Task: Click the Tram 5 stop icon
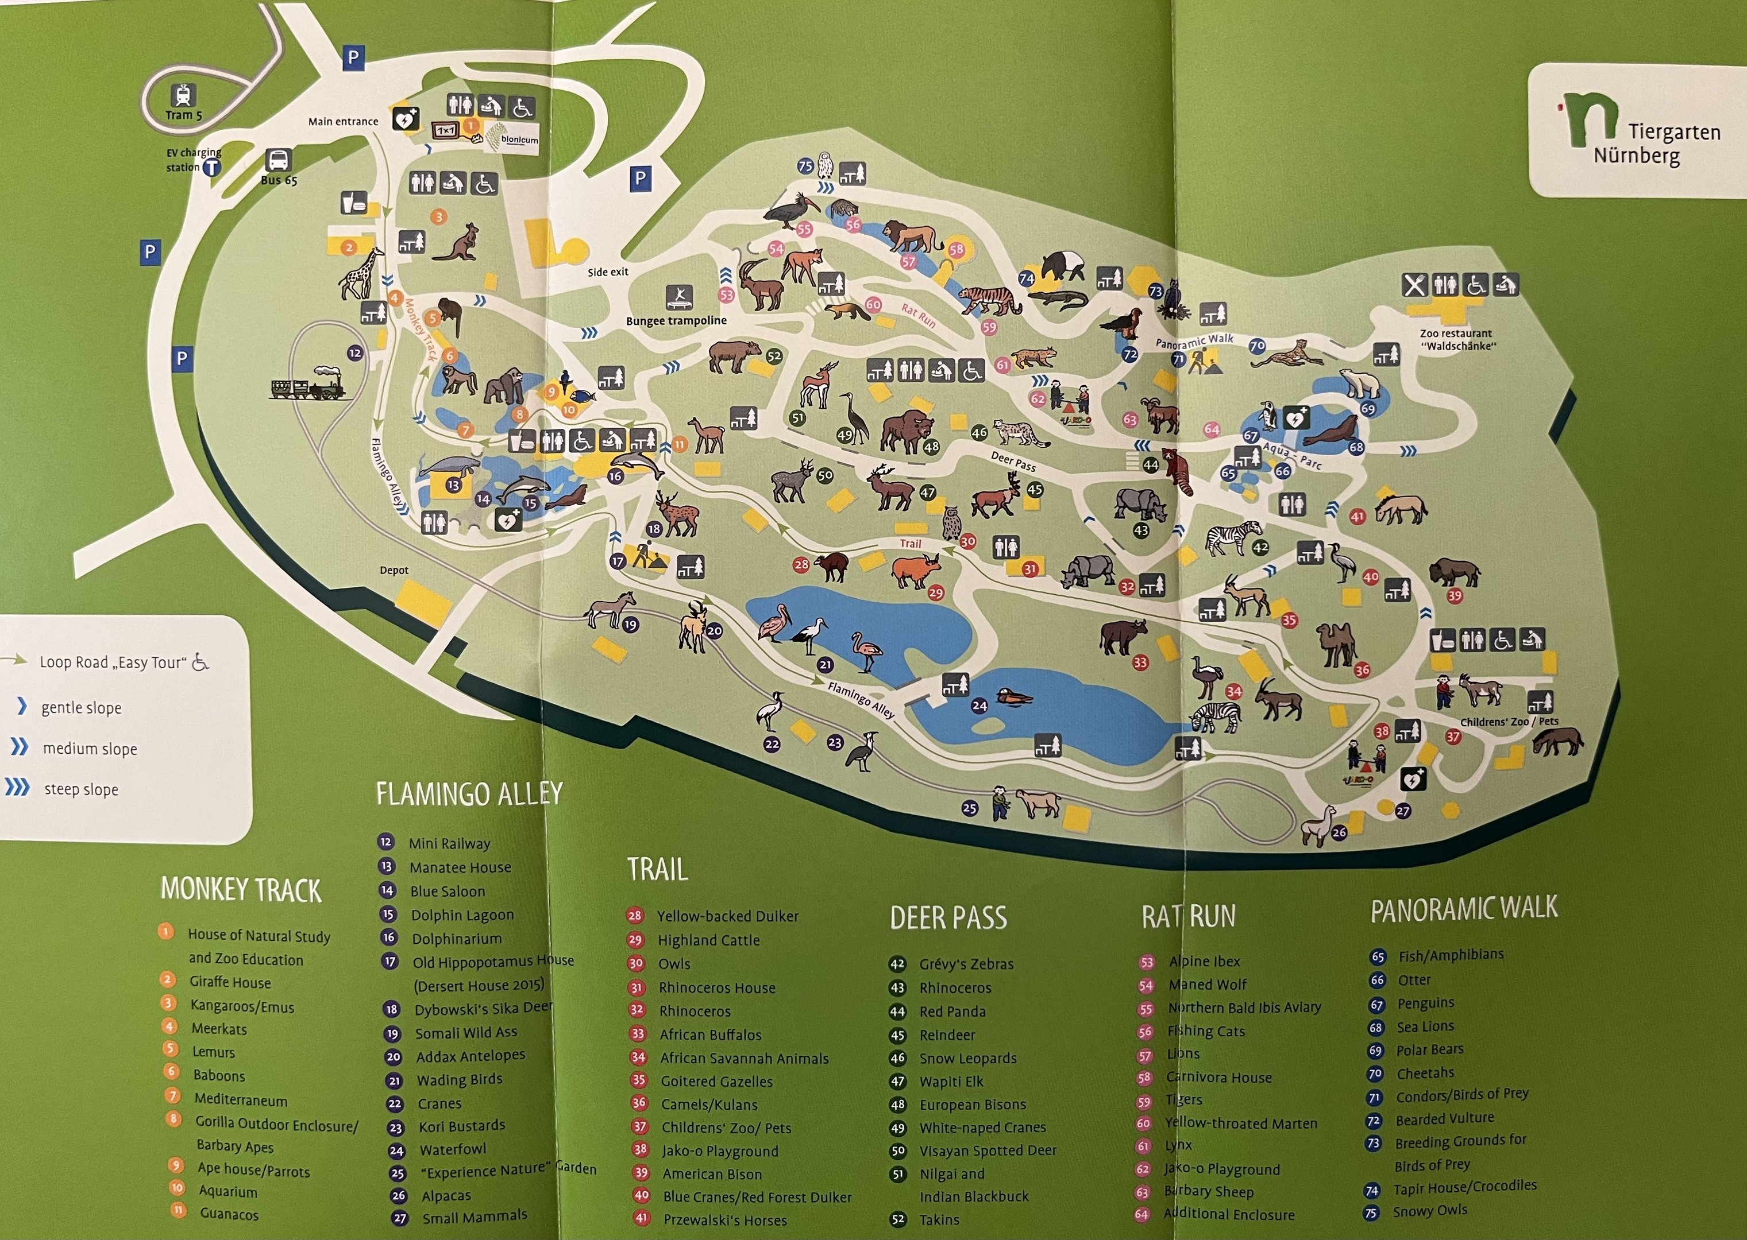click(183, 96)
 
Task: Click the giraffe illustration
click(362, 273)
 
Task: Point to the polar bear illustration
click(1360, 382)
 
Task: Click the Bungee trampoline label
click(676, 321)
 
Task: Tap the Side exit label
click(608, 272)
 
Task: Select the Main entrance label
click(343, 121)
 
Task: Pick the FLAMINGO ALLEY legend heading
click(469, 794)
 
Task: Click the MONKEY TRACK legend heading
click(241, 890)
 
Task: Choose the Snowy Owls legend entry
click(1429, 1210)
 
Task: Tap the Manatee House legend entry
click(460, 867)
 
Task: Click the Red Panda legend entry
click(952, 1012)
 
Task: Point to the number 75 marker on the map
click(805, 166)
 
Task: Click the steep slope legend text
click(81, 789)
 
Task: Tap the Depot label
click(394, 571)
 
